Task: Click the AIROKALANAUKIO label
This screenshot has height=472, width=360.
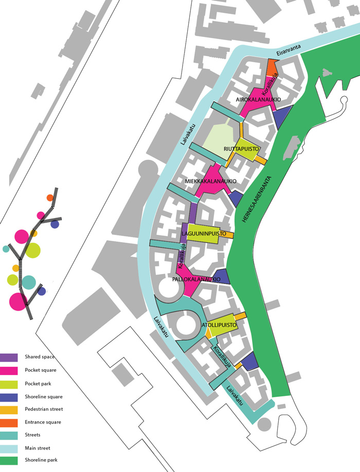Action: point(258,100)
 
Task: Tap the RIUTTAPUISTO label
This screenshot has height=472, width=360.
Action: point(241,149)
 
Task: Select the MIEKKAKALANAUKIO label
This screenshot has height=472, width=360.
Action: point(211,181)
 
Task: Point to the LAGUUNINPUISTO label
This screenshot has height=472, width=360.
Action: point(204,233)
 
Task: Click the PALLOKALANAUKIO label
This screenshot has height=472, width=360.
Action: point(196,279)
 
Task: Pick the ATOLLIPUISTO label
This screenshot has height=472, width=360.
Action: point(219,325)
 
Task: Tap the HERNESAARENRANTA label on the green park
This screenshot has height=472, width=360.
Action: point(257,199)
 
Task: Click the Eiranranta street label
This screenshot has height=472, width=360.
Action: point(289,50)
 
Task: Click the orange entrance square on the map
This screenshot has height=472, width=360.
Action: point(272,67)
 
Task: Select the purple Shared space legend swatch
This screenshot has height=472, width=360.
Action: point(9,357)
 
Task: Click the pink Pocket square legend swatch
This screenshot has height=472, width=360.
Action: point(9,371)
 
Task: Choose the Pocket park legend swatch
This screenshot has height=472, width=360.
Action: point(9,384)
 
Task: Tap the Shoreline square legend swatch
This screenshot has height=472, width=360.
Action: point(9,397)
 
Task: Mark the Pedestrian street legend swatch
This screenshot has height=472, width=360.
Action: point(9,410)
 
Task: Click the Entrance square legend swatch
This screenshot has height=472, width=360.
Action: point(9,423)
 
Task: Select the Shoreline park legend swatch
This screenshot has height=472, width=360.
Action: point(9,461)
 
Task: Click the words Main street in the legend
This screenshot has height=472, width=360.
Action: point(38,448)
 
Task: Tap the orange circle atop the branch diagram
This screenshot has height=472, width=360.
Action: point(50,198)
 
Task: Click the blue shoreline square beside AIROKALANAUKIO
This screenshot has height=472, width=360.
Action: point(281,117)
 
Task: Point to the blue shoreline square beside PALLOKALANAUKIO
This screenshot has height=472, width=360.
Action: point(222,276)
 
